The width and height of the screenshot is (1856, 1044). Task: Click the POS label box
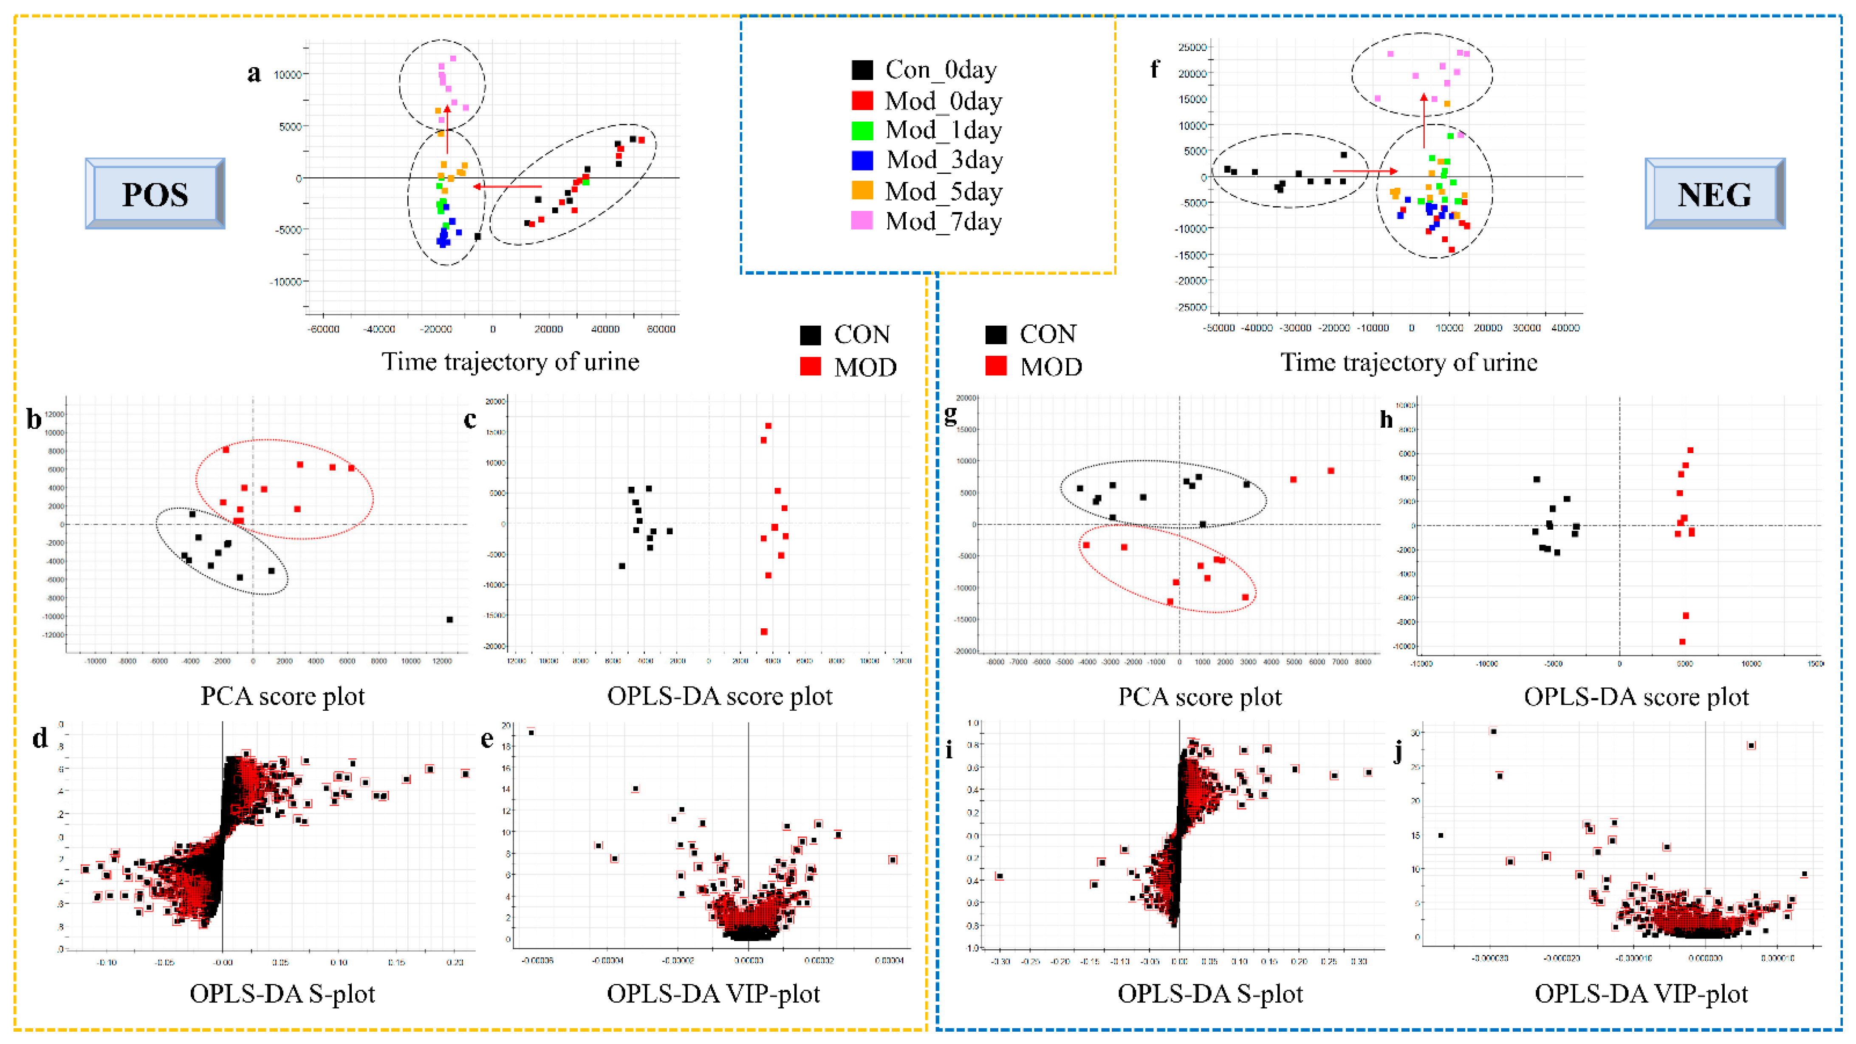pyautogui.click(x=155, y=194)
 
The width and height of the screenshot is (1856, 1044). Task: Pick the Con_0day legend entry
pyautogui.click(x=925, y=70)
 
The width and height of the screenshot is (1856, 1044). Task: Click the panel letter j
pyautogui.click(x=1398, y=752)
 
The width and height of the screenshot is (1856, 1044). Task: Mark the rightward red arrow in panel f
pyautogui.click(x=1364, y=171)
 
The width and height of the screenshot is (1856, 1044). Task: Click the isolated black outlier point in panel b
pyautogui.click(x=449, y=619)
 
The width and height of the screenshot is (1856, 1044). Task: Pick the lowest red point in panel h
pyautogui.click(x=1682, y=642)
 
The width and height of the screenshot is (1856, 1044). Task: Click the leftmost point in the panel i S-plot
pyautogui.click(x=999, y=876)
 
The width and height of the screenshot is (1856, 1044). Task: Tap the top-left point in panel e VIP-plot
pyautogui.click(x=531, y=732)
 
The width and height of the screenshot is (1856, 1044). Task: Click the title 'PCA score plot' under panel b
pyautogui.click(x=282, y=696)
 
